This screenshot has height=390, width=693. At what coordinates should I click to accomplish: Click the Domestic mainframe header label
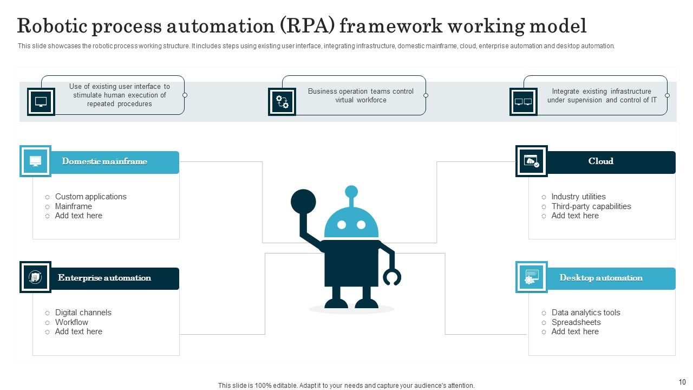(104, 161)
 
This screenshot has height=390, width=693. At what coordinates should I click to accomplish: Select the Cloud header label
(600, 161)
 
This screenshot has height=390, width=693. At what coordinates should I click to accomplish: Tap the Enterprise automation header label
(104, 278)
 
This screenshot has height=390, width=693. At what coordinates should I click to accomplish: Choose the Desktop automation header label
(600, 278)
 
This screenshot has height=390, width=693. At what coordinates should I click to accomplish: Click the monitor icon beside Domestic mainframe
(35, 161)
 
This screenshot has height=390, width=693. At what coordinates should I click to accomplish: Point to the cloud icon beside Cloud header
(531, 161)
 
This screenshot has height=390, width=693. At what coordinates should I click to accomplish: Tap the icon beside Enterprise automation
(35, 277)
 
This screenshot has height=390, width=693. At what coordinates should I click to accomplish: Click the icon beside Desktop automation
(531, 277)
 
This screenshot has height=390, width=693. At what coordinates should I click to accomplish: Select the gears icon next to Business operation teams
(282, 102)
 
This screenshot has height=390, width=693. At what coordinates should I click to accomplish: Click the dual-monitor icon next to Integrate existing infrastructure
(523, 102)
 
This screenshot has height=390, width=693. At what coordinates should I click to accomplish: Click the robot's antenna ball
(351, 191)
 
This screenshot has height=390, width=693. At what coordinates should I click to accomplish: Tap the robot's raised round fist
(303, 201)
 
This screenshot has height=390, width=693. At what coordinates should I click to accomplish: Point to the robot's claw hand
(392, 277)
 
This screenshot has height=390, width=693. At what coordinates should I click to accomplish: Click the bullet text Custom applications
(90, 197)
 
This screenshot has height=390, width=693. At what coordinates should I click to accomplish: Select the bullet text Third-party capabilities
(591, 206)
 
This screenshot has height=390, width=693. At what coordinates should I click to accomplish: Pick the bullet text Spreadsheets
(576, 322)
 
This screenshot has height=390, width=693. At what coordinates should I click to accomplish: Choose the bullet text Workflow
(71, 322)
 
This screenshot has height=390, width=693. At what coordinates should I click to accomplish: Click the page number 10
(682, 382)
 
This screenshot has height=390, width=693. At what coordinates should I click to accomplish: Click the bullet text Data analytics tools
(586, 313)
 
